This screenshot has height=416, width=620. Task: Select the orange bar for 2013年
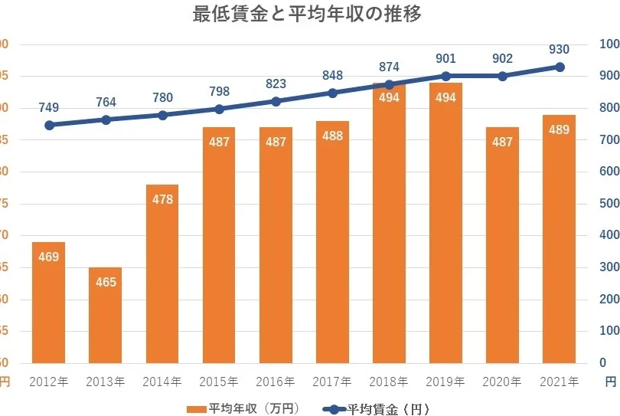106,315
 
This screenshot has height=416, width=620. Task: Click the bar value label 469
48,257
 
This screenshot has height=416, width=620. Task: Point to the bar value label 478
162,199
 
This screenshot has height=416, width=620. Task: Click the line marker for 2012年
49,125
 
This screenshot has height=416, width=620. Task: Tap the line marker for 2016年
276,101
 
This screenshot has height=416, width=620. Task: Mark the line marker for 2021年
560,67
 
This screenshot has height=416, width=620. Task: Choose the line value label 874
388,67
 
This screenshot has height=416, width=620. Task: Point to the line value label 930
559,50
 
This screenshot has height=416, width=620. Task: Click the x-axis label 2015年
219,381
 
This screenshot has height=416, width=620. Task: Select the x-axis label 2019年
445,381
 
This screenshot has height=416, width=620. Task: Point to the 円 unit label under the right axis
609,381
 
